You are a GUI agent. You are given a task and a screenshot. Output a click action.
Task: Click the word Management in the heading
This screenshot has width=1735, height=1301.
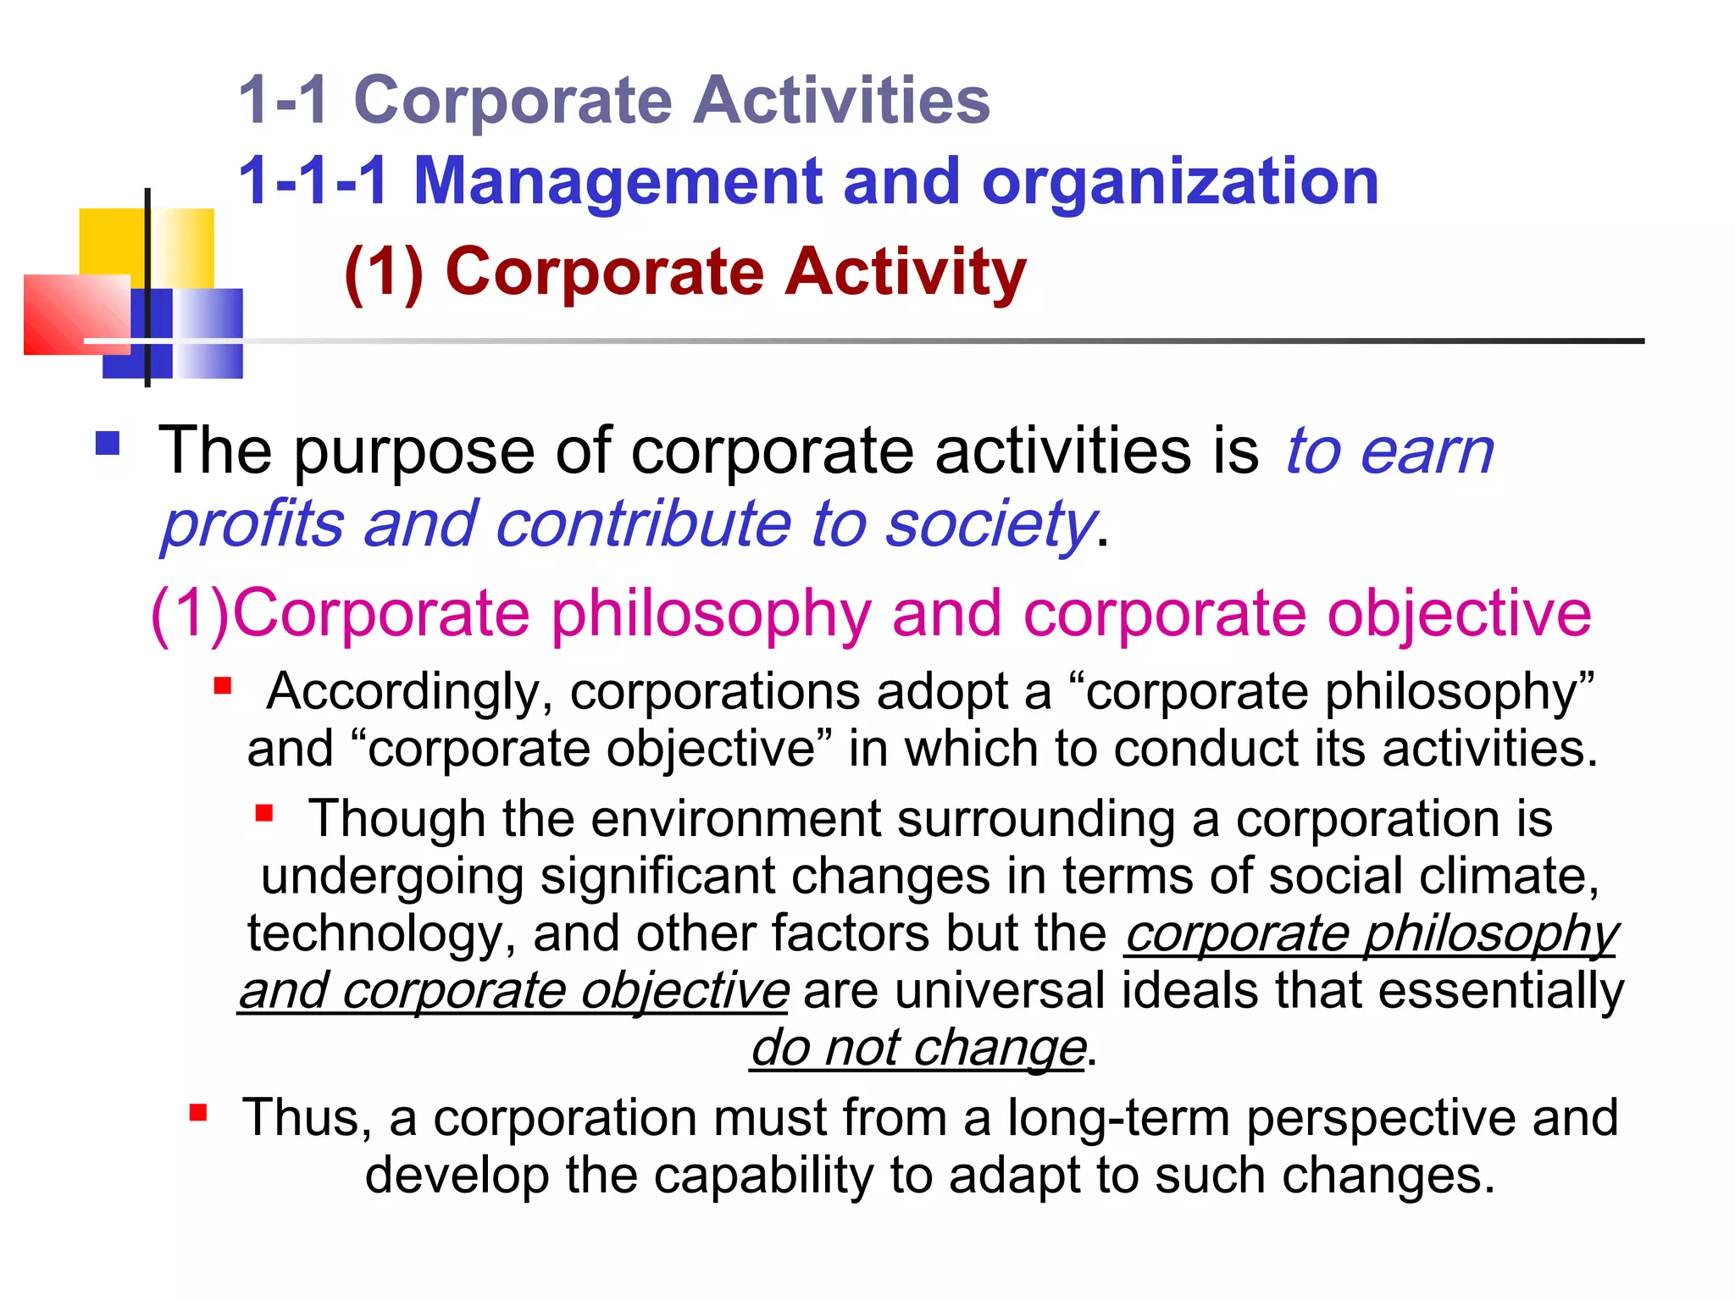618,182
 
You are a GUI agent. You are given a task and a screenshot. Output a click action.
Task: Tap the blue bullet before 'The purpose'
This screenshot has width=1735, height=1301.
108,444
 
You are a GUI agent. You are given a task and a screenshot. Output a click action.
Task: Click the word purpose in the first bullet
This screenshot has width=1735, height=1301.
414,451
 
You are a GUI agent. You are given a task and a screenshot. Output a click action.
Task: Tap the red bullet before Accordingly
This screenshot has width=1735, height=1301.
223,685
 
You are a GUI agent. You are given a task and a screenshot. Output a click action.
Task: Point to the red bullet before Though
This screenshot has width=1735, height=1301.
264,813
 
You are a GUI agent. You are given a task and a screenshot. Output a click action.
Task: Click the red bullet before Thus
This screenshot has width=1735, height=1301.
198,1112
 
